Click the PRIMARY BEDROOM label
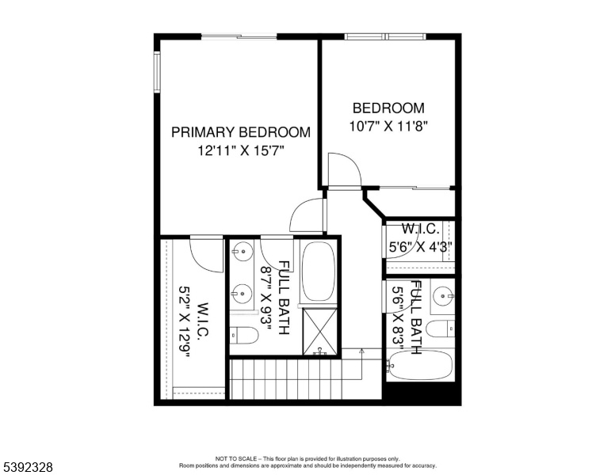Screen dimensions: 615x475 click(x=241, y=132)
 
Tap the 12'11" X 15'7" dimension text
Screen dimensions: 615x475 click(x=240, y=150)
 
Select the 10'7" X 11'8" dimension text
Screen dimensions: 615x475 click(x=388, y=126)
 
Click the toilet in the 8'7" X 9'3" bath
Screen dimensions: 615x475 click(x=244, y=336)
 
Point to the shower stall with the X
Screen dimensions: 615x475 click(x=319, y=332)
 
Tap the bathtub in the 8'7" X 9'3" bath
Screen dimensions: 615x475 click(x=319, y=272)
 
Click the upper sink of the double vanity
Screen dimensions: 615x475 click(x=242, y=250)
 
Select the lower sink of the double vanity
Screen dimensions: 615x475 click(x=242, y=293)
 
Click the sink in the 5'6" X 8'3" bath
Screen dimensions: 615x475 click(x=444, y=296)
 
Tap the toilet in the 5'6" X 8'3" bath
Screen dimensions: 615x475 click(x=440, y=329)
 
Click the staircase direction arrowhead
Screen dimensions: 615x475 click(x=361, y=351)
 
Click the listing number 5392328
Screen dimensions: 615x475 click(x=28, y=467)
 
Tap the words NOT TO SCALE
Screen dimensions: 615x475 click(x=235, y=458)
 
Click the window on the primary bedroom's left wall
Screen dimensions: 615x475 click(x=157, y=73)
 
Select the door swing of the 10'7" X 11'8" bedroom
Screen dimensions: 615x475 click(x=344, y=169)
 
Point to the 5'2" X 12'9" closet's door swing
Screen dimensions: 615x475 click(x=207, y=254)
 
